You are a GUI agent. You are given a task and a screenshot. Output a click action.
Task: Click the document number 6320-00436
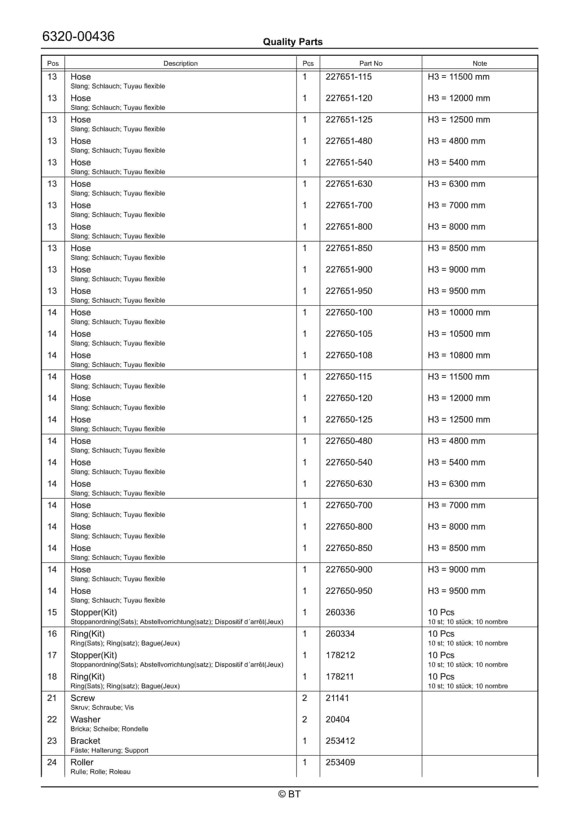pyautogui.click(x=78, y=37)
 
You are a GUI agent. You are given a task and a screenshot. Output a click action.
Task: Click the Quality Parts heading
pyautogui.click(x=292, y=42)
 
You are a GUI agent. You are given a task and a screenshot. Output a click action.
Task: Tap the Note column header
pyautogui.click(x=479, y=64)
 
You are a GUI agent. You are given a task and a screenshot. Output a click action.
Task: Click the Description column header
pyautogui.click(x=180, y=64)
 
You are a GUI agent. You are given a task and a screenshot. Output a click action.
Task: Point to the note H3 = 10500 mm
pyautogui.click(x=459, y=334)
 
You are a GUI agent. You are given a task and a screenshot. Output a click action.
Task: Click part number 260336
pyautogui.click(x=340, y=613)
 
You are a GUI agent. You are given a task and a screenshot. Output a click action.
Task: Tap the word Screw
pyautogui.click(x=82, y=698)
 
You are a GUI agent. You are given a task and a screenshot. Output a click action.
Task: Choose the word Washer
pyautogui.click(x=85, y=720)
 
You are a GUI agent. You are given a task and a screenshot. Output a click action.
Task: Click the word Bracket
pyautogui.click(x=85, y=741)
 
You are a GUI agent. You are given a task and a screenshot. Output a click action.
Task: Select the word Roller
pyautogui.click(x=82, y=763)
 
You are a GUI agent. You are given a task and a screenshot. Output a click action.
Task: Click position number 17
pyautogui.click(x=52, y=655)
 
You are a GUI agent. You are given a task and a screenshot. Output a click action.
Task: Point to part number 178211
pyautogui.click(x=339, y=677)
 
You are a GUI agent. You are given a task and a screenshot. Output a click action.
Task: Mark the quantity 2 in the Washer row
pyautogui.click(x=305, y=720)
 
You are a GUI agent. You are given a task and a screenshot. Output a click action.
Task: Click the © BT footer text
pyautogui.click(x=289, y=794)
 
